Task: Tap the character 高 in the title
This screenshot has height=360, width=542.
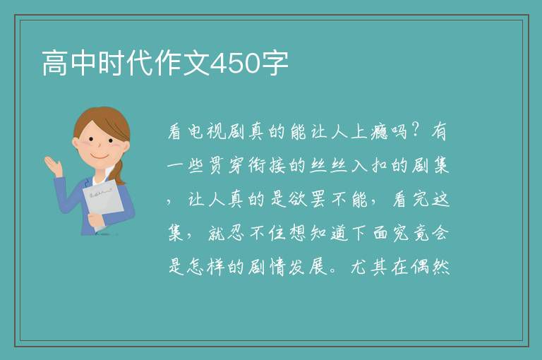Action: (55, 63)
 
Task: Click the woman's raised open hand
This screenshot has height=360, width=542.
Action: (53, 166)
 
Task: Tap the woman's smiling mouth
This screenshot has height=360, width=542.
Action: (100, 156)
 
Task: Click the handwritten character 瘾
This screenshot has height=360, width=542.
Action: (380, 131)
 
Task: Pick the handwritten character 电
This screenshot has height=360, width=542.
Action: (195, 132)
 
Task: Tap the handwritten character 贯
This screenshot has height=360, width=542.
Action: (217, 165)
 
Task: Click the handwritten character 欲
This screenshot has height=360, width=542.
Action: (298, 199)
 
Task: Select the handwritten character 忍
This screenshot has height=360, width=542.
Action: (237, 233)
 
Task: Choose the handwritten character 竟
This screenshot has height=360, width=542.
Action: (420, 233)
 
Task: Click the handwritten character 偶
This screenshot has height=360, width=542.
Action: (420, 267)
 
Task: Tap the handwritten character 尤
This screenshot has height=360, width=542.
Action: (359, 267)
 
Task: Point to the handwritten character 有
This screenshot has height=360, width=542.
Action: (440, 131)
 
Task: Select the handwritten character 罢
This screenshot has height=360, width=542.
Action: (318, 199)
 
